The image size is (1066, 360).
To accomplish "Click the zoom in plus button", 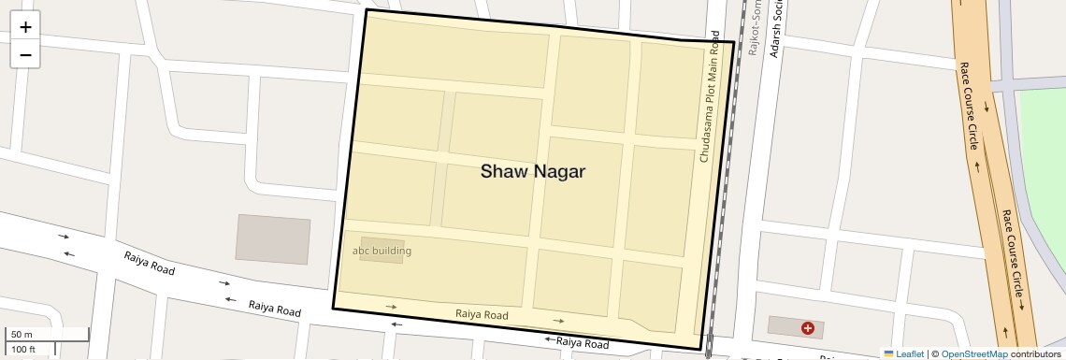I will (25, 26).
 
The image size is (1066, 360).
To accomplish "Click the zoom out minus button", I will (25, 55).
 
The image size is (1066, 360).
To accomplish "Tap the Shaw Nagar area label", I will (532, 172).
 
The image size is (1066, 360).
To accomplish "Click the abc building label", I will (382, 251).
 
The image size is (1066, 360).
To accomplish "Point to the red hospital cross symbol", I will (807, 328).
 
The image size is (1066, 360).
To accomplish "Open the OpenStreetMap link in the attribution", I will (973, 353).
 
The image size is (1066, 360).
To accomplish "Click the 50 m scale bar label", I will (22, 335).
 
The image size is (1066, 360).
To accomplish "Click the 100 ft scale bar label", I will (23, 350).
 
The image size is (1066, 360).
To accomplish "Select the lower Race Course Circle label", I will (1013, 252).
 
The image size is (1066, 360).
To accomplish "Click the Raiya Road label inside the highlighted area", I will (482, 315).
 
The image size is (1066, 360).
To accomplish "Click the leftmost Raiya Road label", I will (150, 263).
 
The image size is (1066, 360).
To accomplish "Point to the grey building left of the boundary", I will (272, 238).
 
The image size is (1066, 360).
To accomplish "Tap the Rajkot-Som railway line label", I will (751, 28).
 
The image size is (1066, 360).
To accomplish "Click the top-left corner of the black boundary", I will (366, 10).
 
